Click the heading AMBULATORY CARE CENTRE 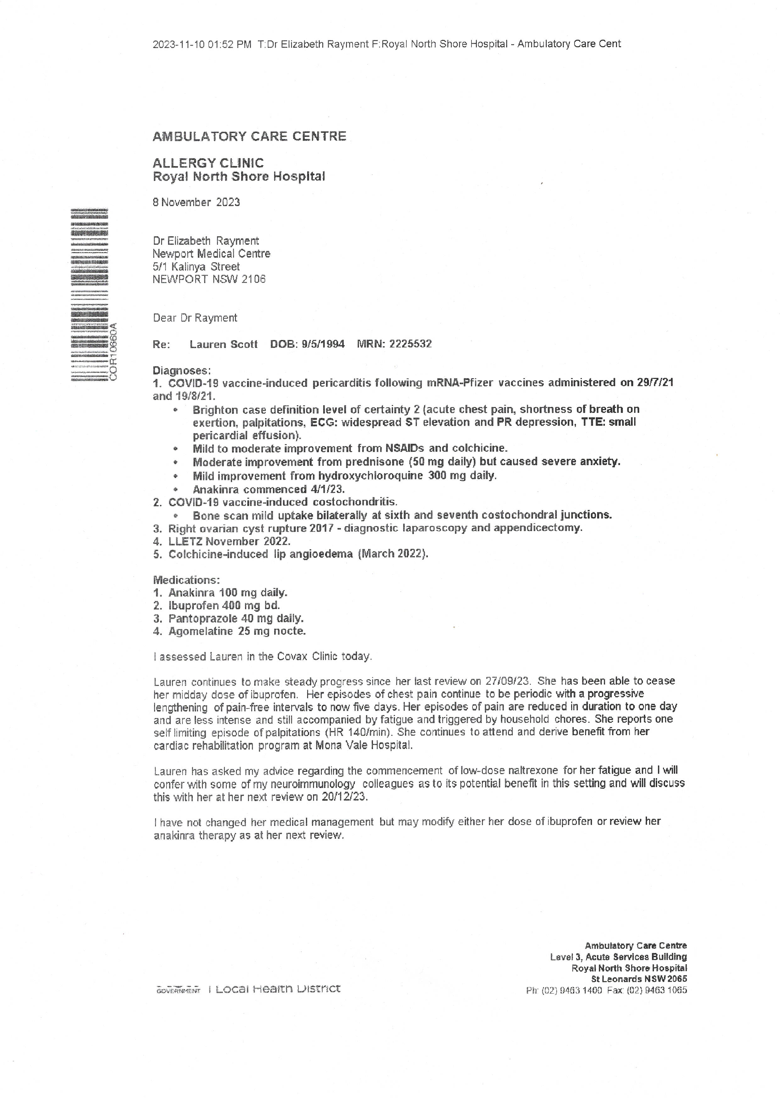tap(249, 137)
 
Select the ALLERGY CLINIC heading tap(208, 163)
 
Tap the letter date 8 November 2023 tap(196, 202)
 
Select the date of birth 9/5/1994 tap(323, 344)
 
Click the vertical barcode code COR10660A tap(114, 352)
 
